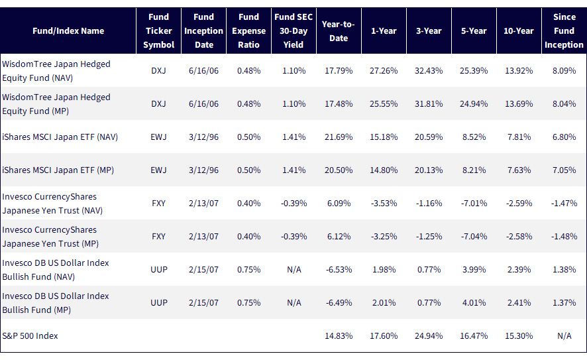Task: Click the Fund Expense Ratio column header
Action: click(248, 30)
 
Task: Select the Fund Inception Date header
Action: click(203, 30)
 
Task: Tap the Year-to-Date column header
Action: click(339, 31)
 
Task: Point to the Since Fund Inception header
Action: click(564, 30)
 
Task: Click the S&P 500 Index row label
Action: click(30, 335)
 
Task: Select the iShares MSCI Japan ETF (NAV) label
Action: click(60, 137)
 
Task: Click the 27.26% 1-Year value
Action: click(384, 70)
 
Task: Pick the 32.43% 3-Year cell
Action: click(429, 70)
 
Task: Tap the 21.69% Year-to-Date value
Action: click(339, 137)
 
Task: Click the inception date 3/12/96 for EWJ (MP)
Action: click(203, 170)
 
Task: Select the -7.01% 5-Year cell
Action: click(474, 204)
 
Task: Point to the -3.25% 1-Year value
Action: click(384, 237)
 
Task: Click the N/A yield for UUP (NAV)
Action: click(294, 270)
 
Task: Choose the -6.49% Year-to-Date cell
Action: click(339, 303)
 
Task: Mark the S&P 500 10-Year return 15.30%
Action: click(519, 335)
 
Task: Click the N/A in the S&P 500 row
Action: click(564, 335)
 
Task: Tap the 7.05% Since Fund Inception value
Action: click(564, 170)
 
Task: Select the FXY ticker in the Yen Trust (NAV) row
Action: click(159, 204)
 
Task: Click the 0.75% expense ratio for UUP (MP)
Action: click(248, 303)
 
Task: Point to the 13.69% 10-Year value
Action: click(519, 104)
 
